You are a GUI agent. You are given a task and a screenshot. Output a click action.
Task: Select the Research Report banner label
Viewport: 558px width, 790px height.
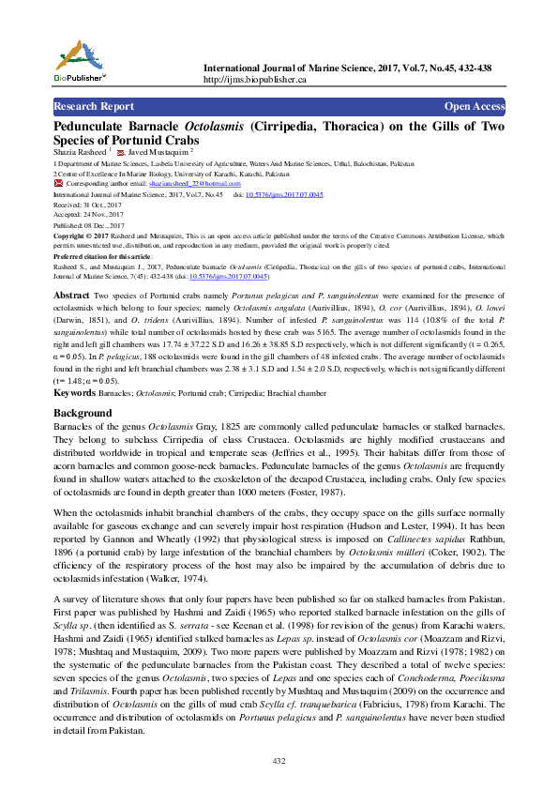94,107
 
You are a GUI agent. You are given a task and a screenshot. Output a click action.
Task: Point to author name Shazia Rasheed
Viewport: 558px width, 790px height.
80,151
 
